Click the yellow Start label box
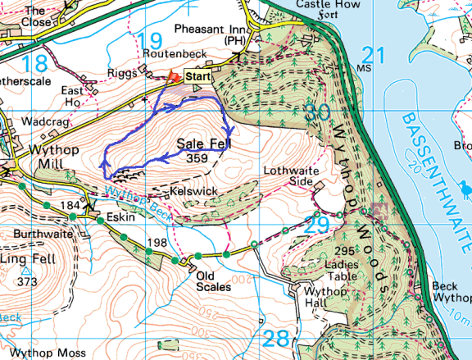[x=197, y=76]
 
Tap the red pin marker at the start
[x=173, y=77]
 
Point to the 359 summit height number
[x=197, y=157]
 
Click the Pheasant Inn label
[x=208, y=29]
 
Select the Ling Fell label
[x=25, y=258]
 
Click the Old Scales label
[x=214, y=281]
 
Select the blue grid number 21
[x=373, y=55]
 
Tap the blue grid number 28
[x=277, y=338]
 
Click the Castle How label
[x=300, y=4]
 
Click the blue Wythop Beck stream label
[x=134, y=202]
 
